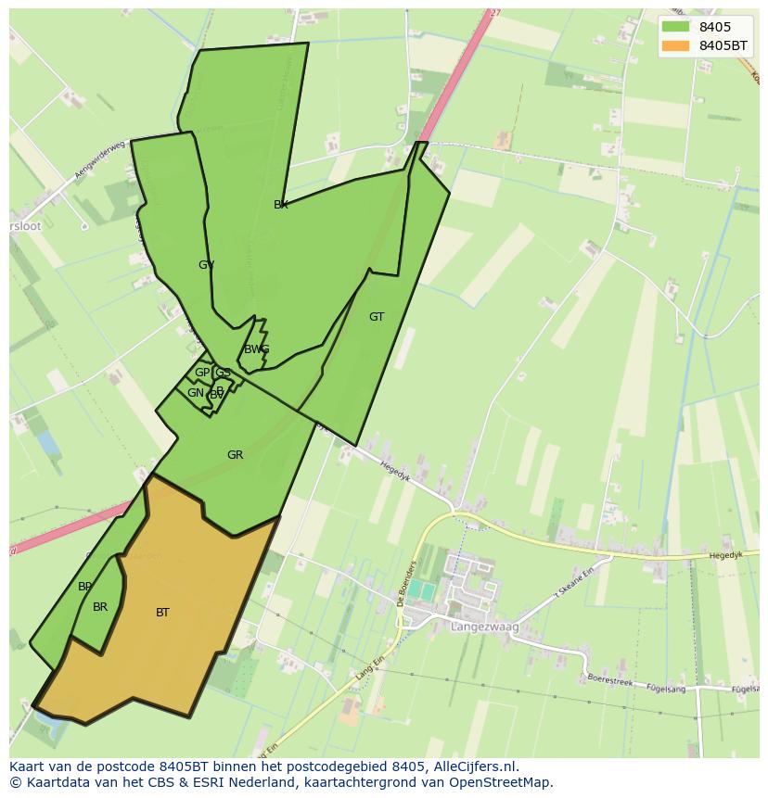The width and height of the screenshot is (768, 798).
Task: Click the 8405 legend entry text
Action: (x=714, y=27)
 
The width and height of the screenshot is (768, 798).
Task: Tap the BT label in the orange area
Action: (x=162, y=612)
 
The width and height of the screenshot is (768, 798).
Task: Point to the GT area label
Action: (x=376, y=317)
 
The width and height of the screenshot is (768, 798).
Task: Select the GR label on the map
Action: (x=235, y=455)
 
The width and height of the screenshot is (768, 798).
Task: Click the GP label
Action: (x=201, y=373)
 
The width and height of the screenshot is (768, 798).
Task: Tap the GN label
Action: (x=195, y=393)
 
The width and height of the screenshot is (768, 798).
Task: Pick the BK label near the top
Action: (x=280, y=205)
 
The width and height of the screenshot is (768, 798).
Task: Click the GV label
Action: (x=206, y=265)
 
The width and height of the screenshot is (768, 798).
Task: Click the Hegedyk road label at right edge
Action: (x=726, y=555)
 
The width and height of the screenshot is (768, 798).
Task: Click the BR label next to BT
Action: (x=100, y=607)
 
